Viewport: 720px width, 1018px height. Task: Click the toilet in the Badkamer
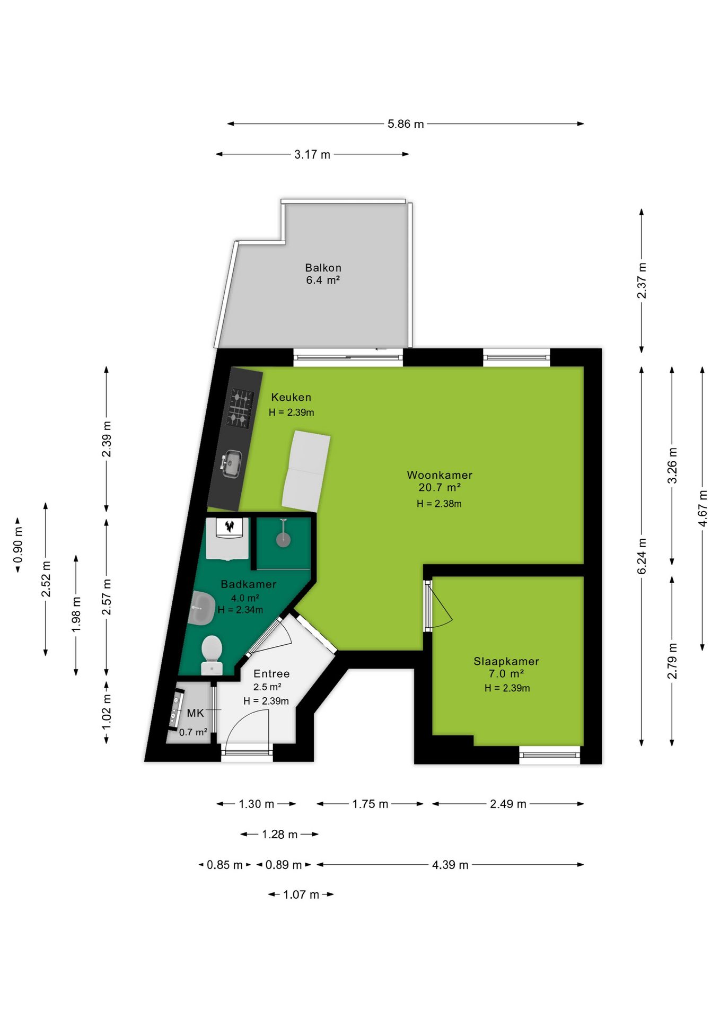[x=212, y=655]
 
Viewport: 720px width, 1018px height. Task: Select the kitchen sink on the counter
[x=232, y=463]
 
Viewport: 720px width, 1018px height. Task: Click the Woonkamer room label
[x=440, y=475]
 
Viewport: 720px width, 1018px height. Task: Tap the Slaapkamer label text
[x=506, y=661]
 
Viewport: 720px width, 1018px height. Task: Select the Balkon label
[x=323, y=268]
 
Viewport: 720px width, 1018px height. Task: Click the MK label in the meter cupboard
[x=195, y=713]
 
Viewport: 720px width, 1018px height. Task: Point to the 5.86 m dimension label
[x=406, y=124]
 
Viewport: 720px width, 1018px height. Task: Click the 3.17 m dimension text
[x=312, y=154]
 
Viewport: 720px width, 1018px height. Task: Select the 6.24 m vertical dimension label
[x=642, y=556]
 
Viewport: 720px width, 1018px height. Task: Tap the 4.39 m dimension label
[x=450, y=865]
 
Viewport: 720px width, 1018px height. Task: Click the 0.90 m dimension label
[x=18, y=545]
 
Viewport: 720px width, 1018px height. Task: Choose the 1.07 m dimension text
[x=301, y=894]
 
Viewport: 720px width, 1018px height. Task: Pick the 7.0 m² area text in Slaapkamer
[x=506, y=673]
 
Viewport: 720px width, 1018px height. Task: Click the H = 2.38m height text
[x=439, y=504]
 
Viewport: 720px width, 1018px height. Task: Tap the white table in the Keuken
[x=306, y=471]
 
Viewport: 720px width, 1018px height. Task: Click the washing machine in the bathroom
[x=227, y=538]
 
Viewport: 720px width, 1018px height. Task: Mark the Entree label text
[x=271, y=673]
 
